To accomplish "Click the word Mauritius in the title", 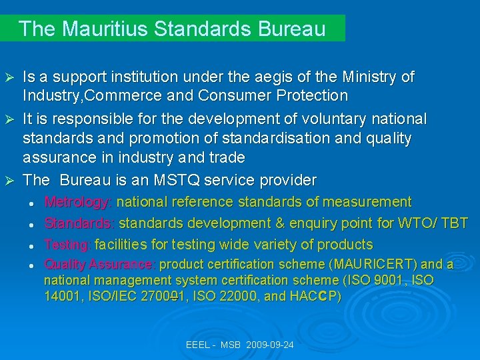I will pyautogui.click(x=98, y=29).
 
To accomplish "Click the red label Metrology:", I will pyautogui.click(x=78, y=201).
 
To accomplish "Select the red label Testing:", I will pyautogui.click(x=68, y=244).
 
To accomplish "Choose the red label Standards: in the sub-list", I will pyautogui.click(x=79, y=223).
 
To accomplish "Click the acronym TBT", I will pyautogui.click(x=455, y=223).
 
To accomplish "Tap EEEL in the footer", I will pyautogui.click(x=198, y=345).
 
